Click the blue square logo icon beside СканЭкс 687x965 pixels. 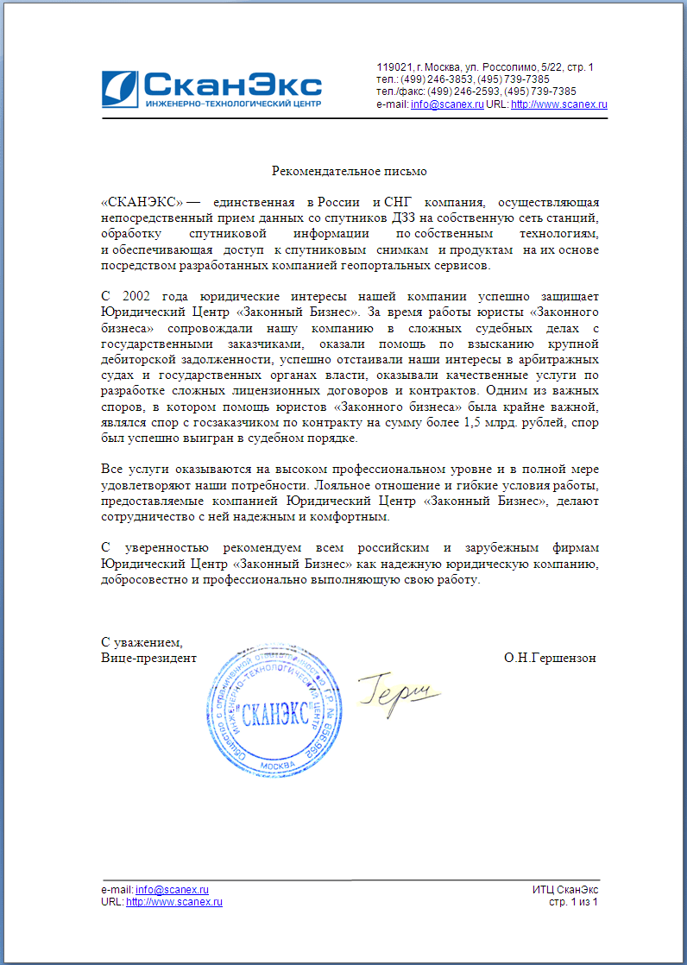119,88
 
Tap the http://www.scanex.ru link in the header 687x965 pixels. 559,104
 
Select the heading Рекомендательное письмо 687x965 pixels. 350,172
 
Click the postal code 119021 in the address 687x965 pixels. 394,67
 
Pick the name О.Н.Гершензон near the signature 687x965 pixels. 550,658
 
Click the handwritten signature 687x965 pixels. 400,691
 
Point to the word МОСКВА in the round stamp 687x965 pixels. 276,766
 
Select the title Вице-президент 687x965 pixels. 148,658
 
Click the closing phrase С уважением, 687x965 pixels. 142,642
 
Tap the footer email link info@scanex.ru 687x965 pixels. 173,890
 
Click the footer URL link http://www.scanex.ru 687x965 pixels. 174,902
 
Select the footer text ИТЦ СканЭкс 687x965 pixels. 565,890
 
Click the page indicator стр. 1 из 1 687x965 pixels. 573,902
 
